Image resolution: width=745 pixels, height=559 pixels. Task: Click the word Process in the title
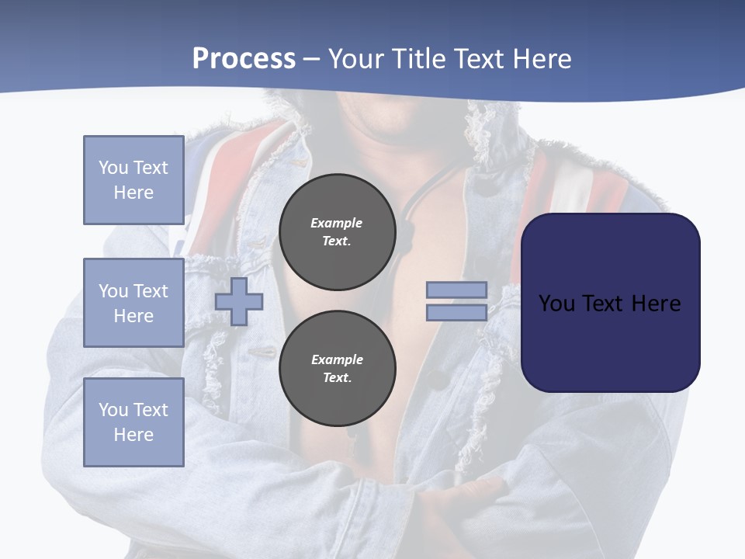pyautogui.click(x=244, y=58)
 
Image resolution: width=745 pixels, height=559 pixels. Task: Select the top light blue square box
pyautogui.click(x=133, y=180)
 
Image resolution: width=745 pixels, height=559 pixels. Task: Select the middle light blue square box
pyautogui.click(x=133, y=303)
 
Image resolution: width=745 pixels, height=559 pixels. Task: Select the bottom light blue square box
pyautogui.click(x=133, y=422)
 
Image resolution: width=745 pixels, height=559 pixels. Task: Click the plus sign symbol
pyautogui.click(x=239, y=301)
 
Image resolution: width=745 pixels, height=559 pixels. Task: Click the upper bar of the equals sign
pyautogui.click(x=456, y=290)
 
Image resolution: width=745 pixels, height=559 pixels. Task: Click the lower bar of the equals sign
pyautogui.click(x=456, y=312)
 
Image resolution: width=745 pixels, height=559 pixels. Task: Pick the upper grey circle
pyautogui.click(x=338, y=232)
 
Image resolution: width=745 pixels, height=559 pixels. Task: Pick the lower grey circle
pyautogui.click(x=338, y=368)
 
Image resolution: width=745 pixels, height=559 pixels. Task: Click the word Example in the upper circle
pyautogui.click(x=336, y=223)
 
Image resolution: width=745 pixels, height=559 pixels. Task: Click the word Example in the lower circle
pyautogui.click(x=337, y=359)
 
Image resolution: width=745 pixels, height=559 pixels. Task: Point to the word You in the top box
pyautogui.click(x=113, y=168)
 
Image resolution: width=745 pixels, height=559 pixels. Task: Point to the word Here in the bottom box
pyautogui.click(x=133, y=435)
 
